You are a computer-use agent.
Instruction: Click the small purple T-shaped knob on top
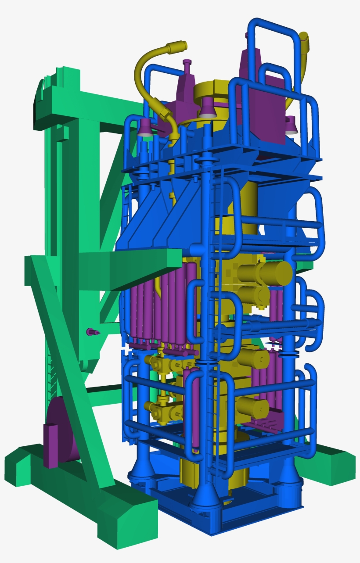tap(187, 64)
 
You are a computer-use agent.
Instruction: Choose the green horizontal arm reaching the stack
tap(145, 266)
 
